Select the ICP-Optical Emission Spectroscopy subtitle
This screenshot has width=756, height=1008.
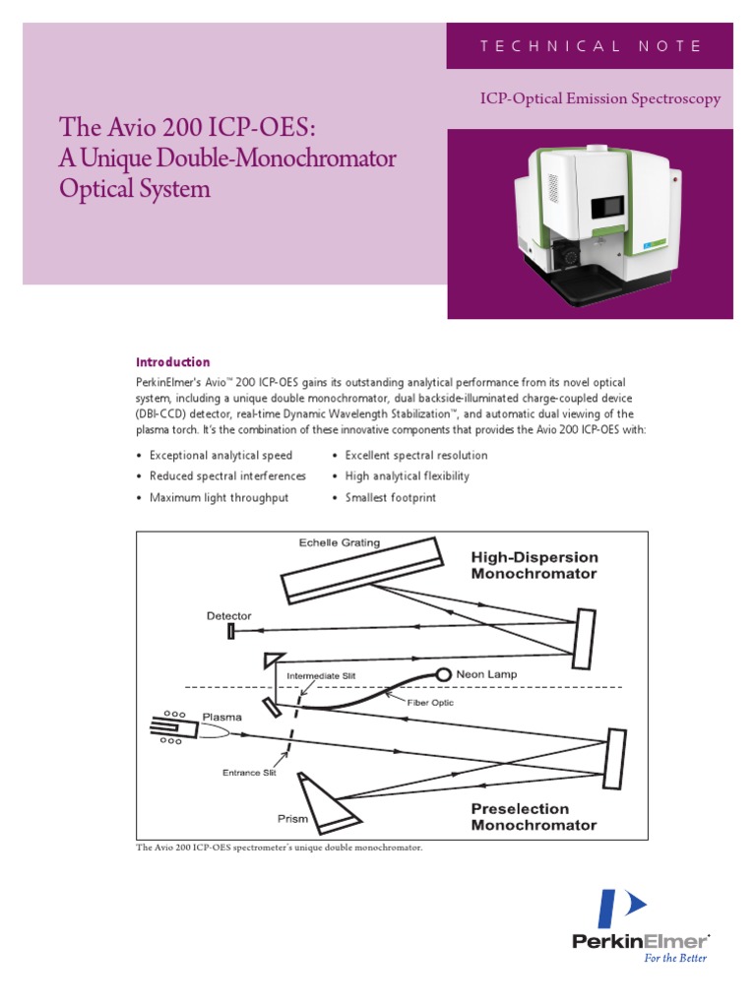tap(599, 98)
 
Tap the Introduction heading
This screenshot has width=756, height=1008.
tap(172, 362)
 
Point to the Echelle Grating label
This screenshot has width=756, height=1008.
tap(340, 542)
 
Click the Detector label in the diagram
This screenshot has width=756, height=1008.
tap(228, 616)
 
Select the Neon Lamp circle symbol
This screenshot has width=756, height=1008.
tap(444, 674)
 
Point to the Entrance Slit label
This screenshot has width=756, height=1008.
tap(249, 773)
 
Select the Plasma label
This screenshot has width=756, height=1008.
tap(222, 717)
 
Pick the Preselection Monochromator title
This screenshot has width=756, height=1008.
tap(534, 817)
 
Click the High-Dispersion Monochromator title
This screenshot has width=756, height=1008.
tap(534, 565)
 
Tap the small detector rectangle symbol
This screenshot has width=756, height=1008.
tap(230, 631)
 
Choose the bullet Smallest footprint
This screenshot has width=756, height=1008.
tap(390, 498)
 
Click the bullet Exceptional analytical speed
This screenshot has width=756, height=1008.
tap(220, 456)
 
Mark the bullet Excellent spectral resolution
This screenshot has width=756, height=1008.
tap(415, 456)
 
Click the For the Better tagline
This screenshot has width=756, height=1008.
tap(675, 957)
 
